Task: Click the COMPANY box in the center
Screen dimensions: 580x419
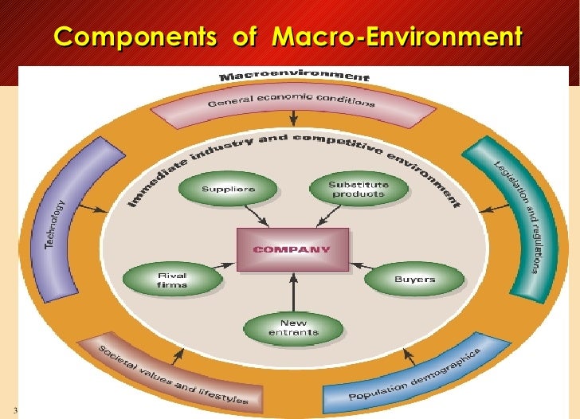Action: click(292, 248)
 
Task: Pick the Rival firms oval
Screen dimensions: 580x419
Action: click(167, 280)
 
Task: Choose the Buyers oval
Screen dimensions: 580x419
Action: click(413, 280)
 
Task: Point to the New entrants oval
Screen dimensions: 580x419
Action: click(293, 327)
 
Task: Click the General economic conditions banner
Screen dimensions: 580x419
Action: click(291, 104)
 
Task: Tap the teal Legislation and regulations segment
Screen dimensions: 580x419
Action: click(517, 215)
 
